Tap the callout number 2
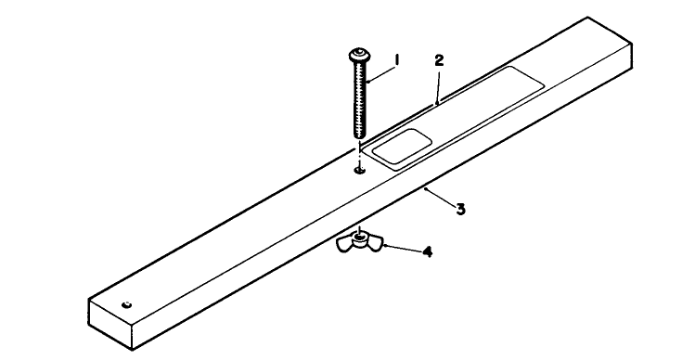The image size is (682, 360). point(439,60)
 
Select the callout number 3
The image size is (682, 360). point(459,210)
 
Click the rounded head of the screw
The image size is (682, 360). point(357,58)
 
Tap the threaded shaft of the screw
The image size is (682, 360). point(359,102)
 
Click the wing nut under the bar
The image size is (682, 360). point(357,244)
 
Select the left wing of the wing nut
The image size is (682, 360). point(345,244)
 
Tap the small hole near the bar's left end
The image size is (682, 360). point(127,305)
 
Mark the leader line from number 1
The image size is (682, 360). point(380,72)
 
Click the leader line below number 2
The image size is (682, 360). point(435,84)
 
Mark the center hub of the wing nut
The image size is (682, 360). point(357,241)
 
